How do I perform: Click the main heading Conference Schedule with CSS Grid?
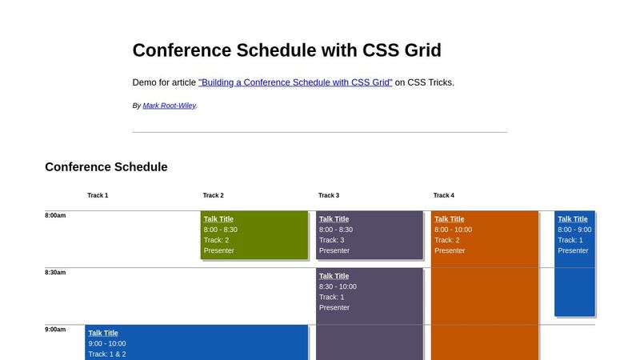point(286,50)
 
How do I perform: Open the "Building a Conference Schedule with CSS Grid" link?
point(295,82)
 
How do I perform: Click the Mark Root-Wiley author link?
point(169,106)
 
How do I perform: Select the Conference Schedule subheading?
point(106,167)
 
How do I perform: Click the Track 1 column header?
point(98,195)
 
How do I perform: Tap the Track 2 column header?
point(213,195)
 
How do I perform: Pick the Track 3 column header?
point(328,195)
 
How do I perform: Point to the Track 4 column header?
point(443,195)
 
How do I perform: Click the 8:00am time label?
point(55,216)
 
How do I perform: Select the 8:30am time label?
point(55,273)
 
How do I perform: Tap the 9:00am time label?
point(55,330)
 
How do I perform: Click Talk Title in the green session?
point(218,219)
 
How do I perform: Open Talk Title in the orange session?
point(449,219)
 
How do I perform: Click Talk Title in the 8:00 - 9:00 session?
point(572,219)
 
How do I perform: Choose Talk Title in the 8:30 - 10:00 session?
point(334,276)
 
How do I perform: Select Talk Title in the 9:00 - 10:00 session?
point(103,333)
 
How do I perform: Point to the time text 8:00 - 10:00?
point(453,230)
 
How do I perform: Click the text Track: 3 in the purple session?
point(331,240)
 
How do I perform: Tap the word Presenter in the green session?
point(219,250)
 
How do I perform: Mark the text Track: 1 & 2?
point(107,354)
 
